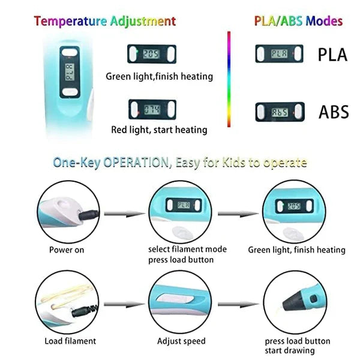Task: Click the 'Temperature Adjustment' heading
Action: pos(105,22)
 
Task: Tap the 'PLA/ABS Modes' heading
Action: pos(298,21)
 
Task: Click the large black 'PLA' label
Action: pos(332,55)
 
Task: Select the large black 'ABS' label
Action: pos(334,112)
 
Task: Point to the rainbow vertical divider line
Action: pos(229,79)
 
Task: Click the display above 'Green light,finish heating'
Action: pos(152,54)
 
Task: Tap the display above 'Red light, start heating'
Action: pos(152,110)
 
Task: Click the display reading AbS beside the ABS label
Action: pos(280,112)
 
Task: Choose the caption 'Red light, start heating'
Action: pos(159,130)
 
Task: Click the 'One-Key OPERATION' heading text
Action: pos(110,163)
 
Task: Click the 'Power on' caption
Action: pos(67,250)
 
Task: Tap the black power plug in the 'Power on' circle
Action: pos(89,215)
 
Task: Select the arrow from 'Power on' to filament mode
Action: pos(124,214)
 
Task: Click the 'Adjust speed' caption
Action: pos(181,341)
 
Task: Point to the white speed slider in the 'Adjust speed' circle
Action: pos(175,299)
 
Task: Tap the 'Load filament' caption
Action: pos(70,341)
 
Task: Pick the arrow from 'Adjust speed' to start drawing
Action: pos(238,304)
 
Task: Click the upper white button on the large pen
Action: pos(70,53)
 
